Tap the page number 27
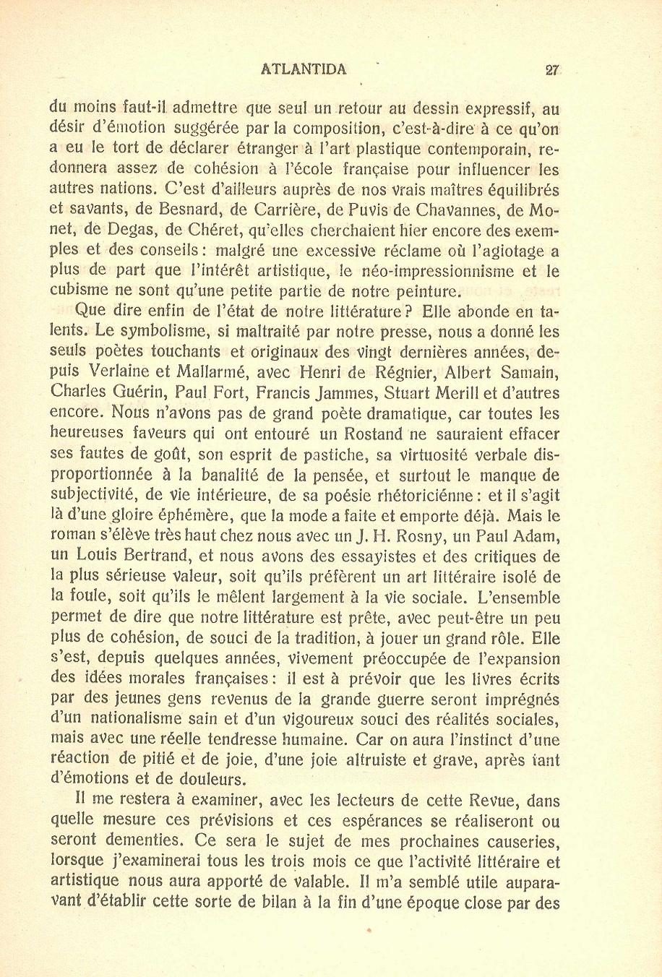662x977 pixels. click(553, 69)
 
